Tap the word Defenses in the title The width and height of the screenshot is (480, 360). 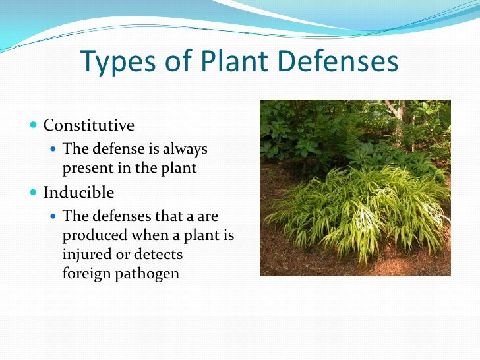click(x=342, y=63)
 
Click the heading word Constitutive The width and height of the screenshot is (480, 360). click(x=89, y=125)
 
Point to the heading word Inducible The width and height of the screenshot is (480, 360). click(x=78, y=193)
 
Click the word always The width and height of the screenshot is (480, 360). click(x=185, y=149)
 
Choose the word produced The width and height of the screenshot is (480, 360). click(x=91, y=235)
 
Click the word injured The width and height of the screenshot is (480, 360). click(x=85, y=254)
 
